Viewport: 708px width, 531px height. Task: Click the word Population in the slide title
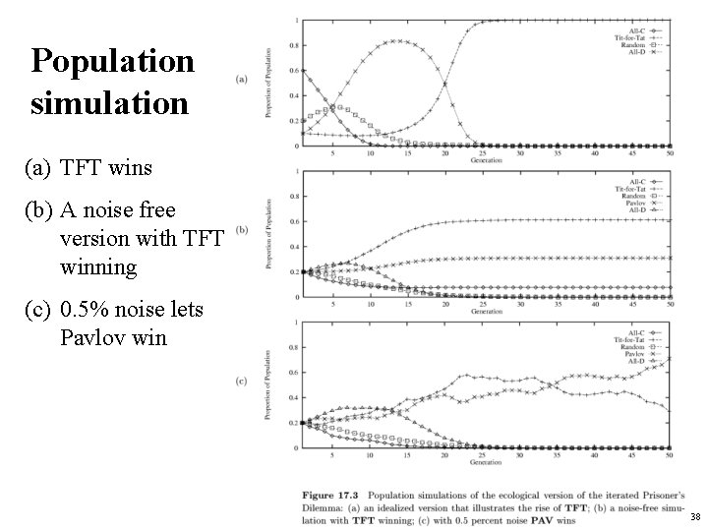pos(112,62)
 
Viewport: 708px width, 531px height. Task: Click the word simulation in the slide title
pos(109,102)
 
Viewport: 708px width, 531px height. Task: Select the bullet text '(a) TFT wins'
pos(89,168)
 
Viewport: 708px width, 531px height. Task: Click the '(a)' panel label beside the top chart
pos(242,81)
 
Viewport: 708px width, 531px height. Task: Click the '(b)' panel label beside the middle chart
pos(242,231)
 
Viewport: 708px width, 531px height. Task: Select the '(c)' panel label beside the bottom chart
pos(242,382)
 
